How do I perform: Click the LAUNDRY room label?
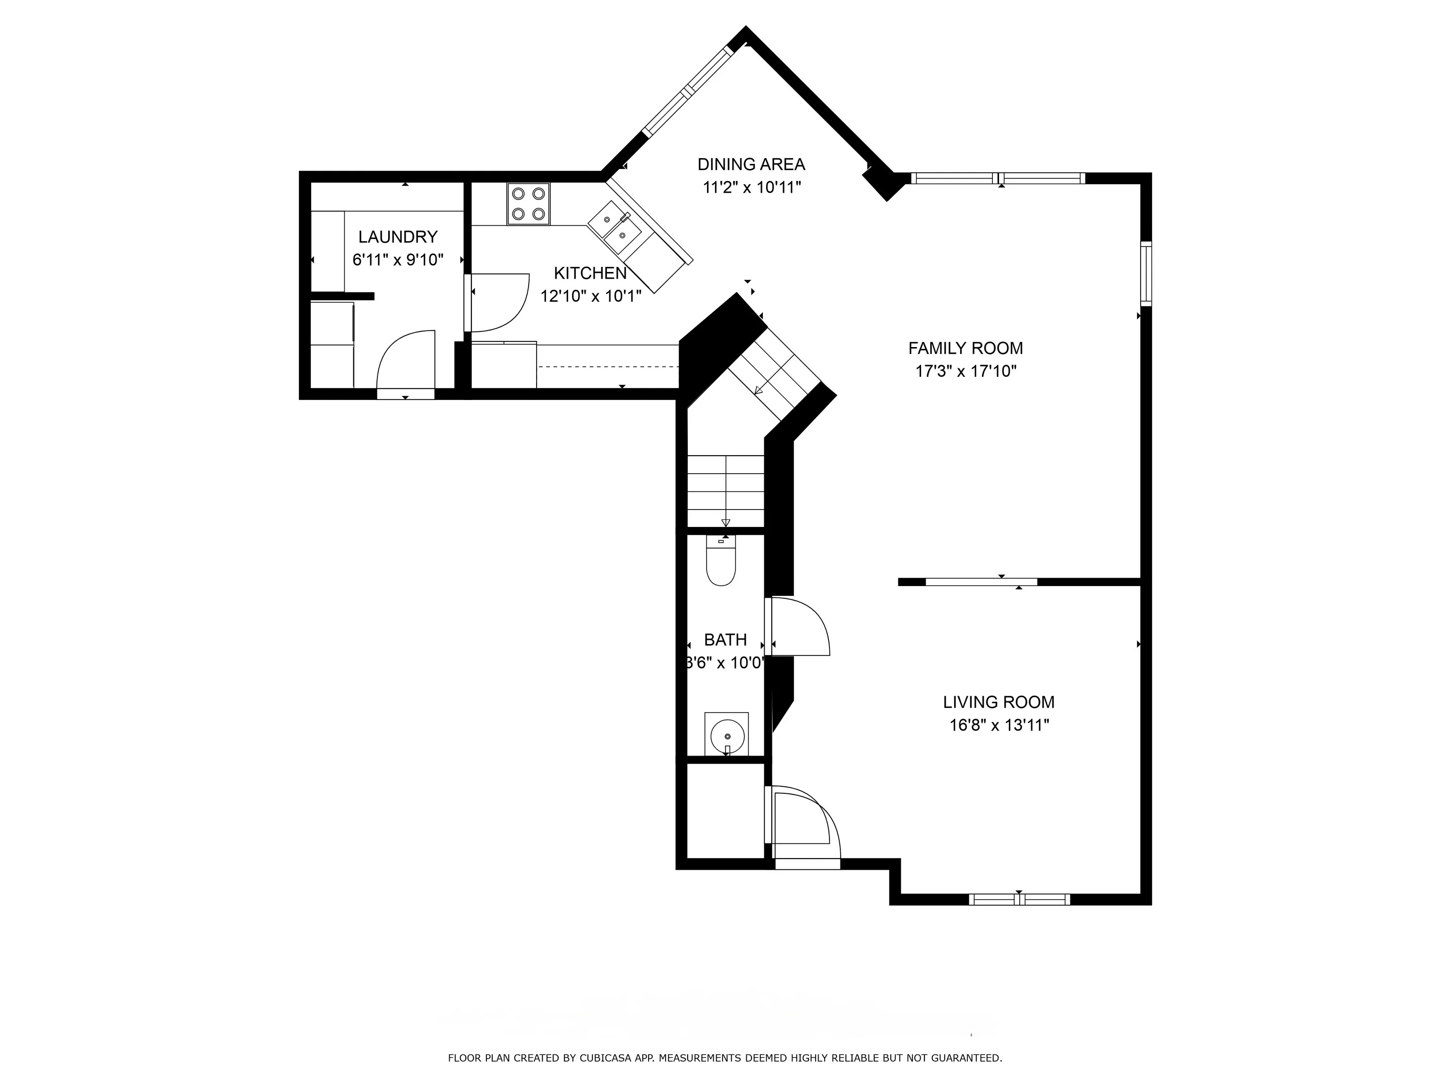398,237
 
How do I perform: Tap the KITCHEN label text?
590,273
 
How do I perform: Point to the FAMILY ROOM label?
965,348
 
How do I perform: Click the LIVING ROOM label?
999,702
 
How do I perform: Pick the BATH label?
725,639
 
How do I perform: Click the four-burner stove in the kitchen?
529,204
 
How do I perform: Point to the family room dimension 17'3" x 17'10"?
965,371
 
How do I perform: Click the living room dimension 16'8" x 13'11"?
999,725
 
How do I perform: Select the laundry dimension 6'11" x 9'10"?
398,260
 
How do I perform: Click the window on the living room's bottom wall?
1019,900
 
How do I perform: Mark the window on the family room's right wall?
1146,273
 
